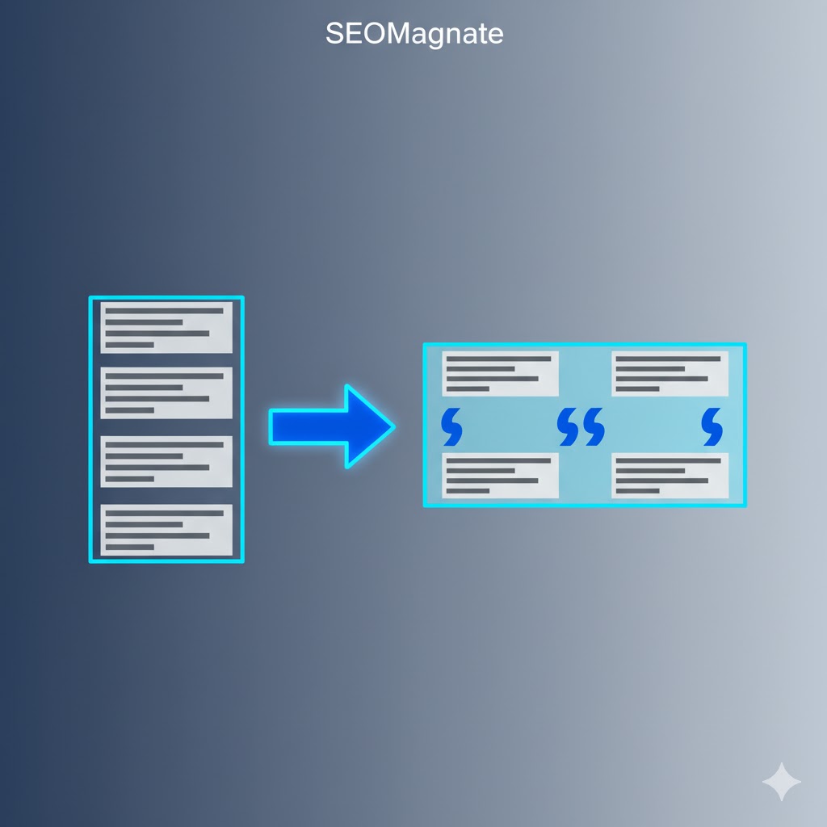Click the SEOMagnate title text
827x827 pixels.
click(414, 34)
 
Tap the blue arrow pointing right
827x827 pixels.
click(332, 426)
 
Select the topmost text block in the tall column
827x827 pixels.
click(166, 327)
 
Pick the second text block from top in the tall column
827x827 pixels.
click(166, 393)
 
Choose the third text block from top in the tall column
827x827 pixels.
click(166, 461)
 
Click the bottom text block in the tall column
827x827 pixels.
click(166, 530)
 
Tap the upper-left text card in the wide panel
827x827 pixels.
click(500, 373)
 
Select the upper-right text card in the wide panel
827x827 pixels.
click(670, 373)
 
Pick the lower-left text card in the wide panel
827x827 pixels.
click(500, 475)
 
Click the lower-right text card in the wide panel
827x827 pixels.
click(670, 475)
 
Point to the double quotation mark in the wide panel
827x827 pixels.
click(581, 426)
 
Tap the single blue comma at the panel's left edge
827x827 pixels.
click(452, 426)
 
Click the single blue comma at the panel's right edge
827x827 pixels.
click(712, 426)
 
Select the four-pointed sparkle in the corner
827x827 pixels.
click(782, 782)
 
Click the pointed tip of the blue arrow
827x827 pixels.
click(394, 426)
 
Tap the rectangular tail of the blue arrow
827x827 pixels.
click(309, 426)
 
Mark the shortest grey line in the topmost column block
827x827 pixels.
click(130, 345)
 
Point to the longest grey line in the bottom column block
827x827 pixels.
click(165, 513)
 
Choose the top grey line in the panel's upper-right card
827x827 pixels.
click(668, 359)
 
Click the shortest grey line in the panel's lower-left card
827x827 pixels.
click(468, 491)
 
